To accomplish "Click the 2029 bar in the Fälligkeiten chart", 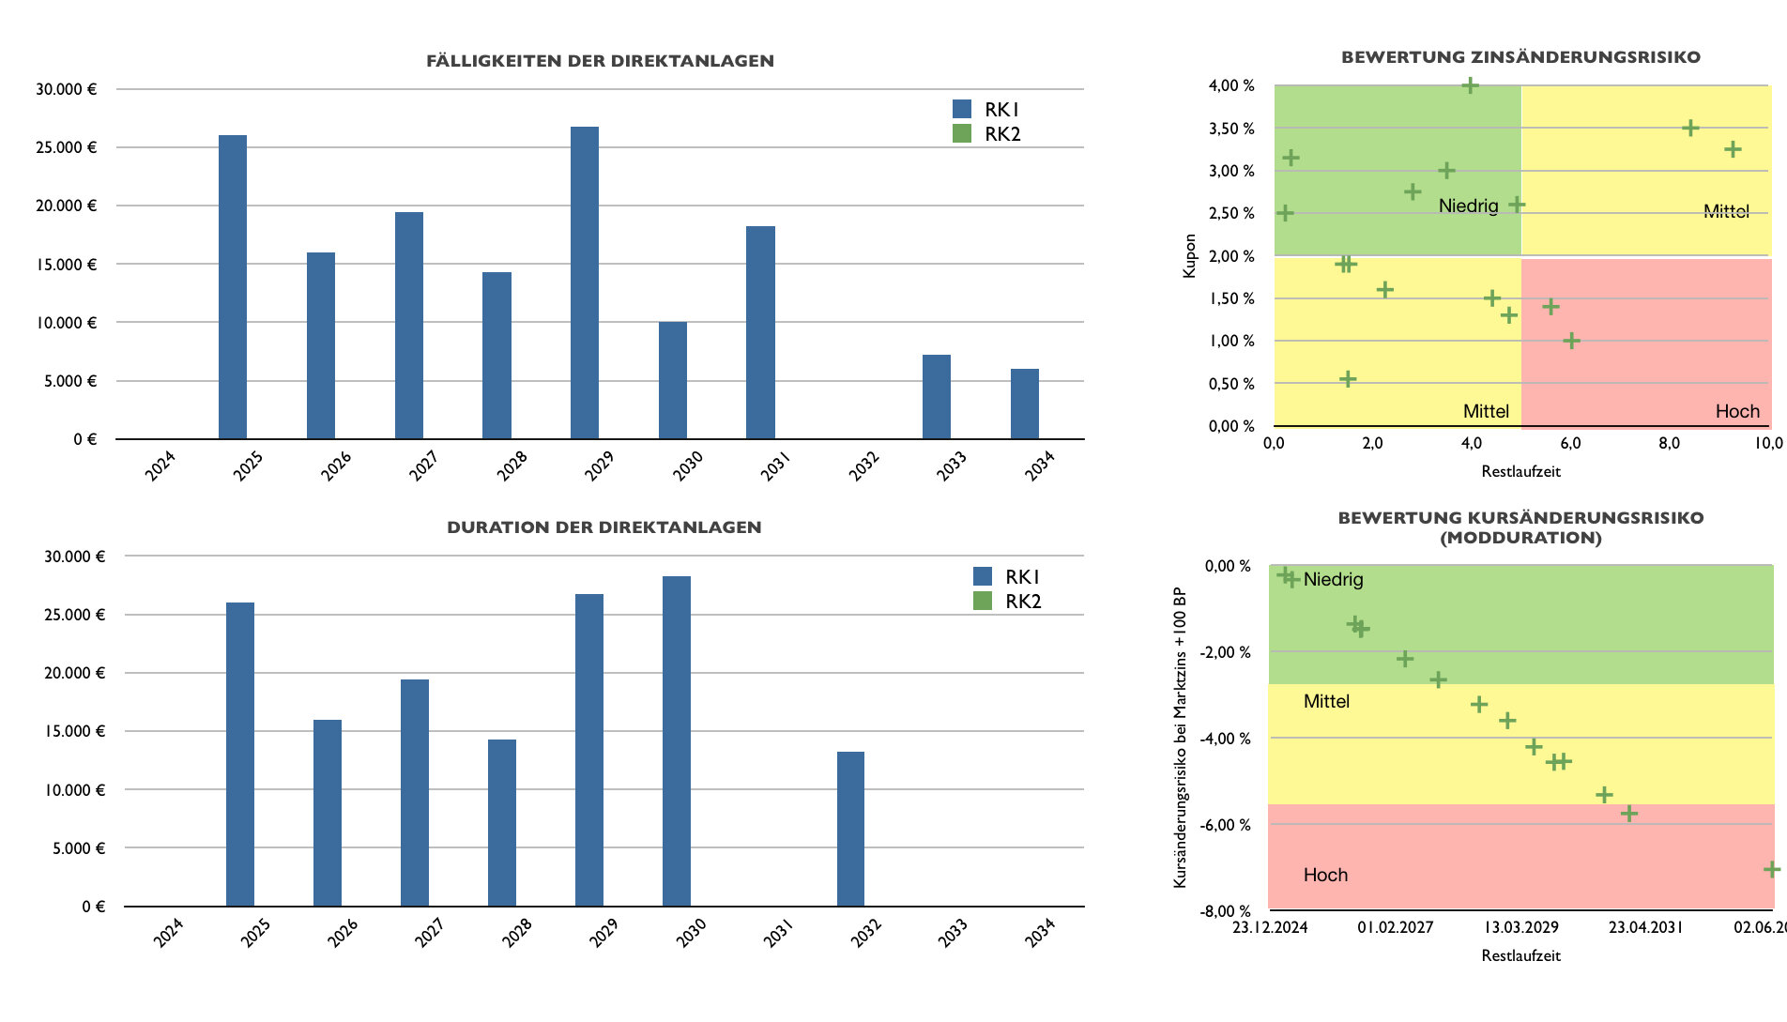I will (584, 282).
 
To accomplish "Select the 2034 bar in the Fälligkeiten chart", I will (1024, 404).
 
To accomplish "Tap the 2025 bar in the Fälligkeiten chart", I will (233, 286).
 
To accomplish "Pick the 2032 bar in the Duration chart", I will (850, 829).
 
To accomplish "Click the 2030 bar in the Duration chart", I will (676, 741).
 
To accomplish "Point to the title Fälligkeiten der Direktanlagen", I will (600, 61).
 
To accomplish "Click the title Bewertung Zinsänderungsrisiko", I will (1520, 57).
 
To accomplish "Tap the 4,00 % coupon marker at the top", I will (1471, 85).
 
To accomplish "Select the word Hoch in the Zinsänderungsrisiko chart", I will (1737, 411).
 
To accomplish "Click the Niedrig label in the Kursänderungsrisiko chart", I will (1333, 579).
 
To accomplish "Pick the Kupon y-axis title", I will (1190, 255).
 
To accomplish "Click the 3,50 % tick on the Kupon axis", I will (1230, 129).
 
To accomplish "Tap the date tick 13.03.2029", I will (1520, 927).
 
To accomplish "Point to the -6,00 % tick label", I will (1228, 825).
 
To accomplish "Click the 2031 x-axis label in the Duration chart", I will (778, 933).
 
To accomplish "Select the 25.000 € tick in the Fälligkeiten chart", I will (66, 147).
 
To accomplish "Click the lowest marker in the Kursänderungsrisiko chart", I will (1771, 869).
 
